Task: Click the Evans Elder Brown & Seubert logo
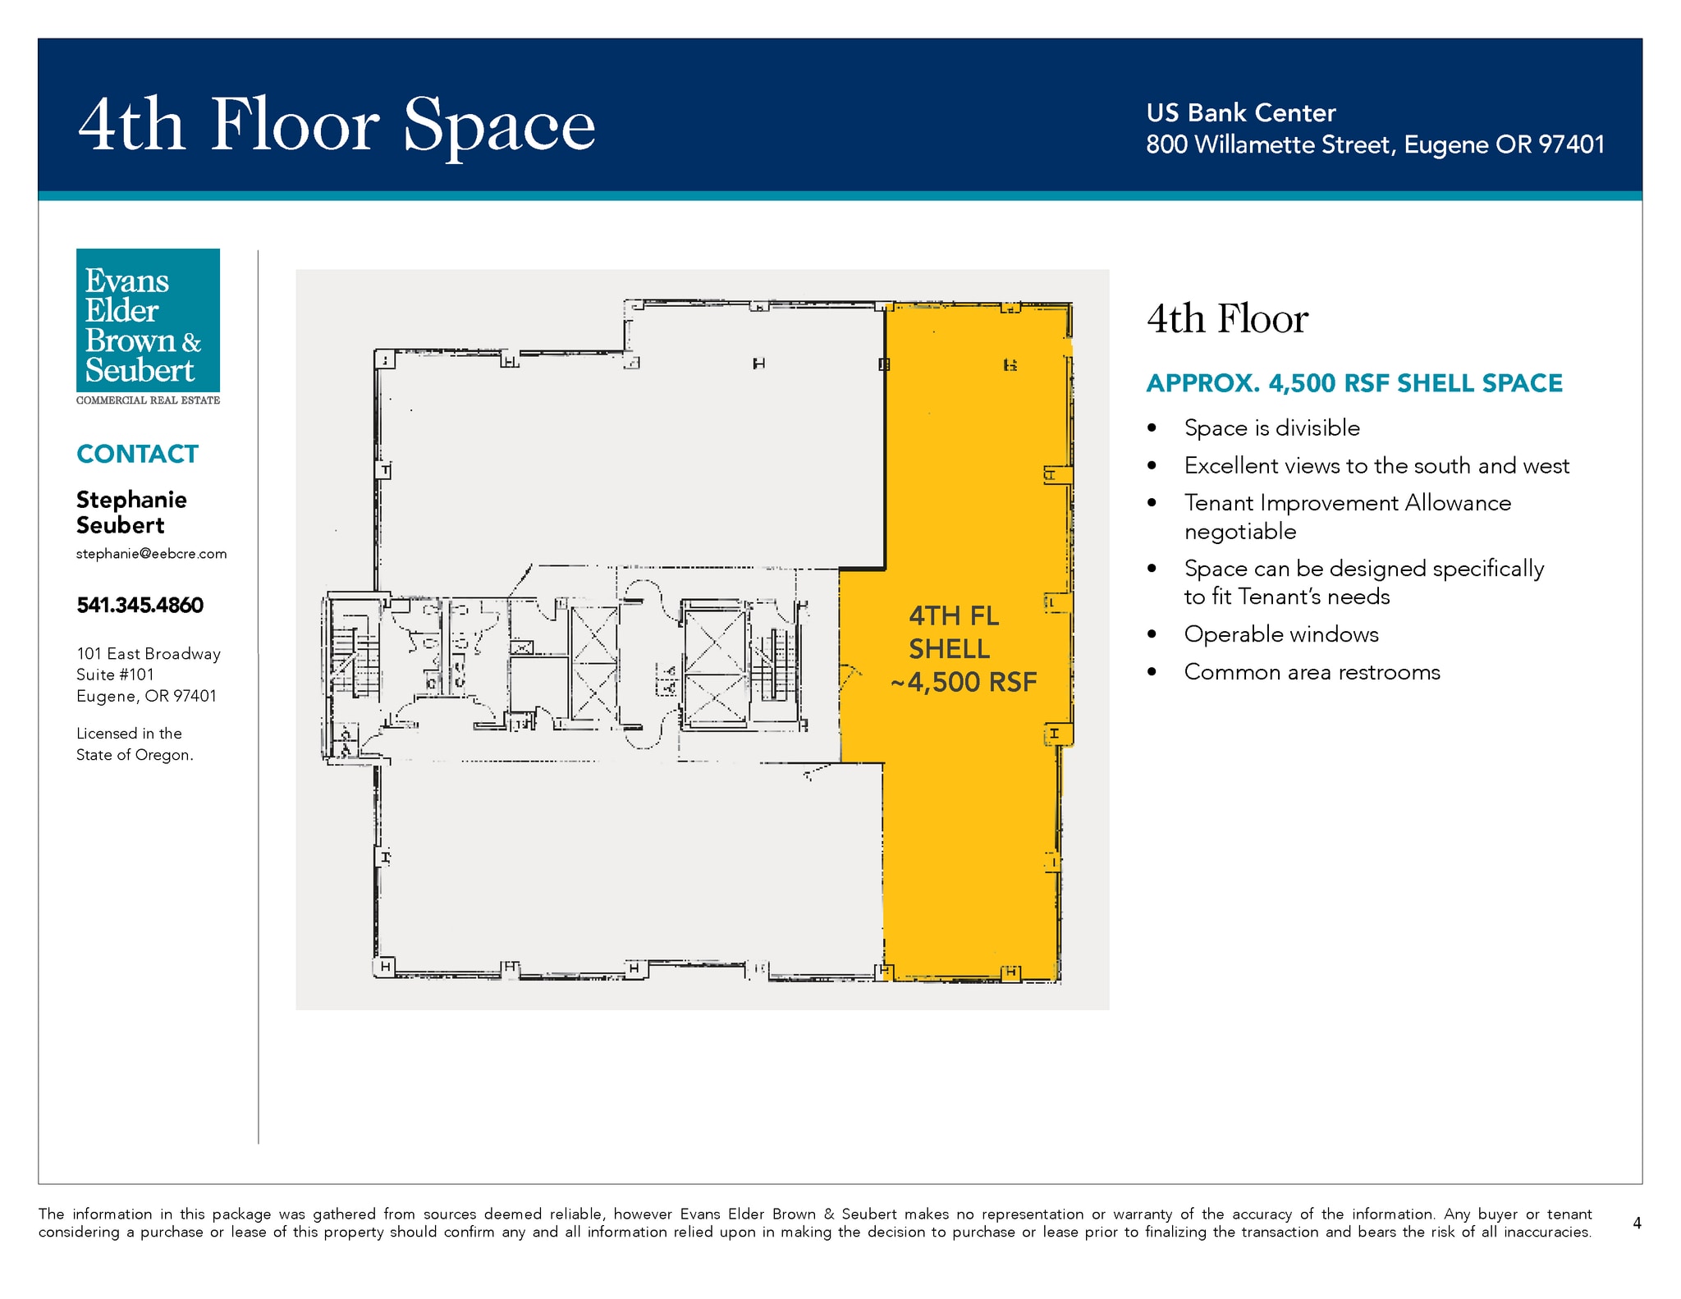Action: click(148, 327)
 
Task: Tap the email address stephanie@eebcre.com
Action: click(151, 554)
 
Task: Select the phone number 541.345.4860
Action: click(140, 606)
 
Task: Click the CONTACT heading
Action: click(137, 454)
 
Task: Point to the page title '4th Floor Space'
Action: click(337, 125)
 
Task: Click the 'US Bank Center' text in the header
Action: click(1241, 112)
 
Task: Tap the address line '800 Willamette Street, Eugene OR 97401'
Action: click(1375, 144)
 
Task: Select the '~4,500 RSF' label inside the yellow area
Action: click(964, 682)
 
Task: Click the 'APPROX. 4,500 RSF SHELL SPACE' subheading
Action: click(1354, 383)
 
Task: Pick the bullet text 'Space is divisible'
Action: click(1271, 428)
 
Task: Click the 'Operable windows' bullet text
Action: click(1281, 634)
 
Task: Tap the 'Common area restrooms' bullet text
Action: click(1312, 672)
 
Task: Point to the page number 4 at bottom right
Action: click(1637, 1223)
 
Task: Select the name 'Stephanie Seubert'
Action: click(131, 512)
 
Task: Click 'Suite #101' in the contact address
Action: click(115, 675)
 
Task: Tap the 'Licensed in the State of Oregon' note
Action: click(135, 744)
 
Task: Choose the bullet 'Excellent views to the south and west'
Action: click(1376, 465)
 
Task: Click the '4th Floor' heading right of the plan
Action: click(1227, 319)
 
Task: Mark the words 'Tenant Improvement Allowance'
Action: click(1347, 502)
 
